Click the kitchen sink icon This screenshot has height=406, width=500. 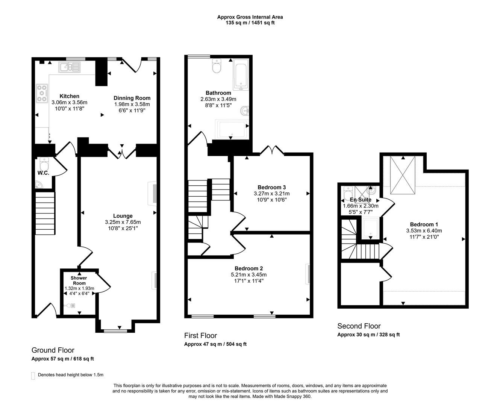69,68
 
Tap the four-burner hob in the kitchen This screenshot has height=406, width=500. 42,94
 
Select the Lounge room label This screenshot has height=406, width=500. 123,216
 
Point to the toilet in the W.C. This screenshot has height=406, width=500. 44,164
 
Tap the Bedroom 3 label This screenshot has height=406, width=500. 271,187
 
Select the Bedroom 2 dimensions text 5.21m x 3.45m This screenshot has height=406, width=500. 248,275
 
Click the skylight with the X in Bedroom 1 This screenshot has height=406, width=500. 403,176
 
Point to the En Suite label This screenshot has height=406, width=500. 360,200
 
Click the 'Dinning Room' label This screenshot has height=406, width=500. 132,98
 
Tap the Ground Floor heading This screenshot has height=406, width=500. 53,350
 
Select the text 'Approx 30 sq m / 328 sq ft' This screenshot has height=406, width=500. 368,335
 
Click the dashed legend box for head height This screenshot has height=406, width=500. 33,376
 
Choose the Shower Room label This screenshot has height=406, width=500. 79,280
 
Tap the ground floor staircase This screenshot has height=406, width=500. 45,213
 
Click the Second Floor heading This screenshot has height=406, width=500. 359,326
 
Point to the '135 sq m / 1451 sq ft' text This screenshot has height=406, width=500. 250,23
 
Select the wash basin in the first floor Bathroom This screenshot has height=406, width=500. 245,111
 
